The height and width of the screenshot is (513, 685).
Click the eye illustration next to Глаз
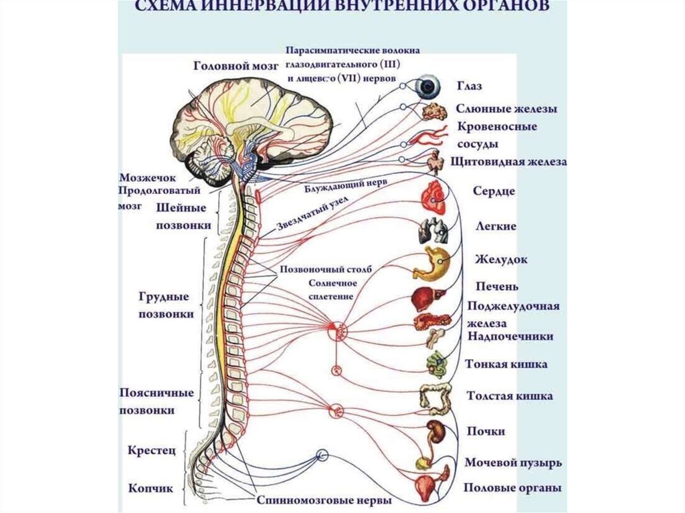(x=427, y=86)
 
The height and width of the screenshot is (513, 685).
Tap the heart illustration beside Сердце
(x=431, y=194)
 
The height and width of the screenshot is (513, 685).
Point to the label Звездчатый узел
(x=312, y=214)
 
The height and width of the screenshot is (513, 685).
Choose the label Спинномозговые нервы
(x=323, y=500)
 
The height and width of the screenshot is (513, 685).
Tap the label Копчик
(x=151, y=488)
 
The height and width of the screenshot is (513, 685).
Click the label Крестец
(x=151, y=451)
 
